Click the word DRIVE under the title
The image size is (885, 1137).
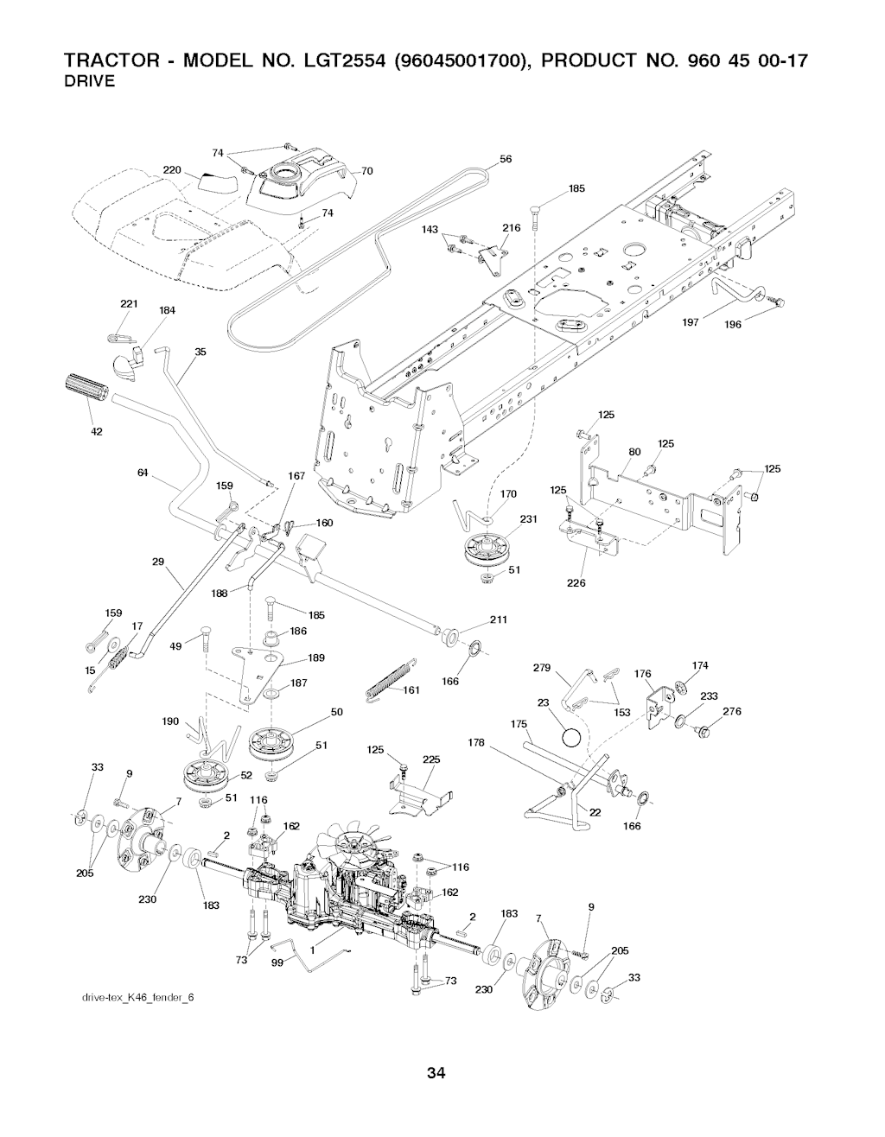pyautogui.click(x=90, y=83)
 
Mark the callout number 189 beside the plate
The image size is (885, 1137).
pyautogui.click(x=315, y=658)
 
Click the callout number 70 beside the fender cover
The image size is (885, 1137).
pyautogui.click(x=366, y=171)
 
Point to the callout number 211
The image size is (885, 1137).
pyautogui.click(x=498, y=619)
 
